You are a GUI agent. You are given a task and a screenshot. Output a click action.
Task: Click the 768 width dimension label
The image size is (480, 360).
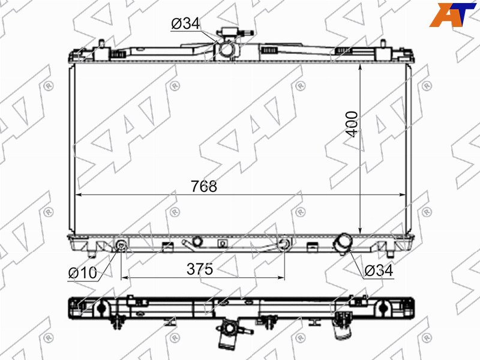(x=204, y=186)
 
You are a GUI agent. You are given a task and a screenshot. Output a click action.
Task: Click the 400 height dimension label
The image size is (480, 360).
(x=352, y=124)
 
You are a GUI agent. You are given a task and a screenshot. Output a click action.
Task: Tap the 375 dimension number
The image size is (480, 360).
(x=200, y=269)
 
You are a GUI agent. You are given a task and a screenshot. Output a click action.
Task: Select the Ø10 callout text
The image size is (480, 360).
(x=83, y=272)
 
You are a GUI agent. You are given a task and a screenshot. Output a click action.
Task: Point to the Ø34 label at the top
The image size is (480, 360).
(x=185, y=23)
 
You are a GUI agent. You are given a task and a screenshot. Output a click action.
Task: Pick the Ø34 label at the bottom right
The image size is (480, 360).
(x=379, y=271)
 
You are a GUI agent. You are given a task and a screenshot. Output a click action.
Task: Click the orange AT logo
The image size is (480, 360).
(x=453, y=14)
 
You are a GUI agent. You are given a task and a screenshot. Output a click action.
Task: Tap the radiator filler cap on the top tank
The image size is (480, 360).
(x=235, y=32)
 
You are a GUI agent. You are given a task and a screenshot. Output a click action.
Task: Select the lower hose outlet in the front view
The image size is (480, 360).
(x=343, y=243)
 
